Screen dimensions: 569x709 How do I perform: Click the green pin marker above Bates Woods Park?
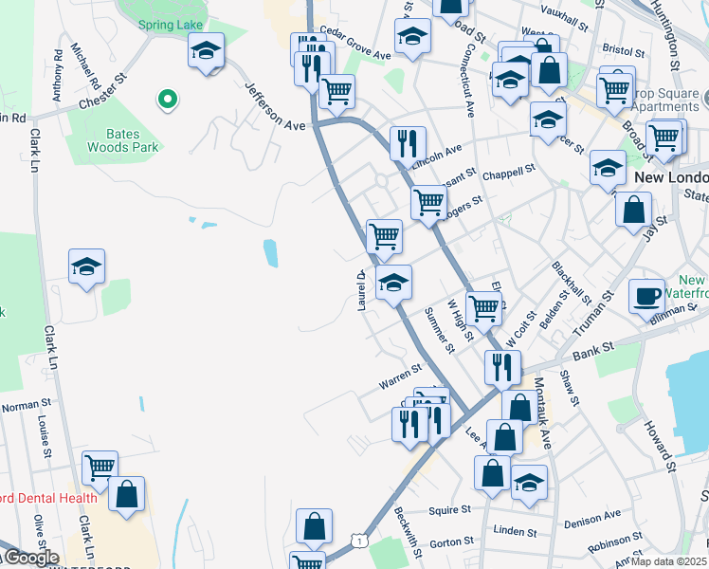168,98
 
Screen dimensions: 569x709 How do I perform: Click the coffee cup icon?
648,296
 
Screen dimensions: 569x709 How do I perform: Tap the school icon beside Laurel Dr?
394,282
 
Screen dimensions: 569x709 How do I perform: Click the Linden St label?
515,532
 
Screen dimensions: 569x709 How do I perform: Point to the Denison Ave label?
591,519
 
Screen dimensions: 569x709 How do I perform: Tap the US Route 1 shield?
357,540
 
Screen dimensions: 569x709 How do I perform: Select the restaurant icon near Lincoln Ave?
409,144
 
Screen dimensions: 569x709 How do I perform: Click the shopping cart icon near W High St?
483,307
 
